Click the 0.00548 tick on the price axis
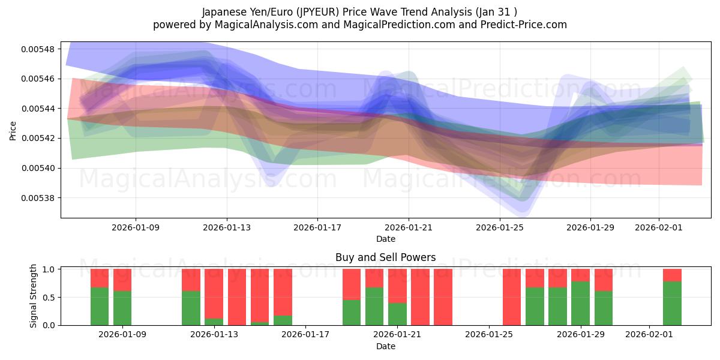coord(37,49)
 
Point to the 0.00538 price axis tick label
coord(37,198)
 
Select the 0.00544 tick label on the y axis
coord(37,109)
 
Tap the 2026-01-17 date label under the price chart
coord(317,228)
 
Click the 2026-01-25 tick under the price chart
coord(499,228)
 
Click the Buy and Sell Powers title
coord(385,257)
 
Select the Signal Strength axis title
coord(34,296)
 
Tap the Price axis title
coord(13,130)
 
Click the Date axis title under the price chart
coord(385,239)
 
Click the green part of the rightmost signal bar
coord(672,303)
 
